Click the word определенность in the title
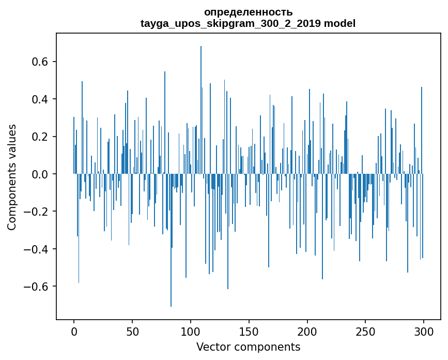(x=248, y=12)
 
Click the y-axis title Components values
(x=12, y=177)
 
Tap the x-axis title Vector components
(x=248, y=347)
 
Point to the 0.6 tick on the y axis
(x=41, y=62)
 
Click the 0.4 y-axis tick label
(x=41, y=99)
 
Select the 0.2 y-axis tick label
(x=41, y=137)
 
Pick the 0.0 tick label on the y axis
(x=41, y=174)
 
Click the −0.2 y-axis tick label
(x=38, y=212)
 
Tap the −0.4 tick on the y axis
(x=38, y=249)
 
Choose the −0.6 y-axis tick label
(x=38, y=287)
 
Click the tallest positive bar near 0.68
(x=201, y=103)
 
